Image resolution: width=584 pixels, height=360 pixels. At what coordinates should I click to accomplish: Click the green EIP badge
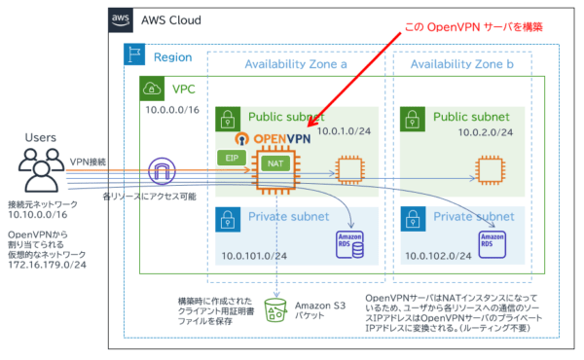coord(231,156)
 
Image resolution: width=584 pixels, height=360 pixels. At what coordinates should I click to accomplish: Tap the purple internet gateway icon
coord(161,172)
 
